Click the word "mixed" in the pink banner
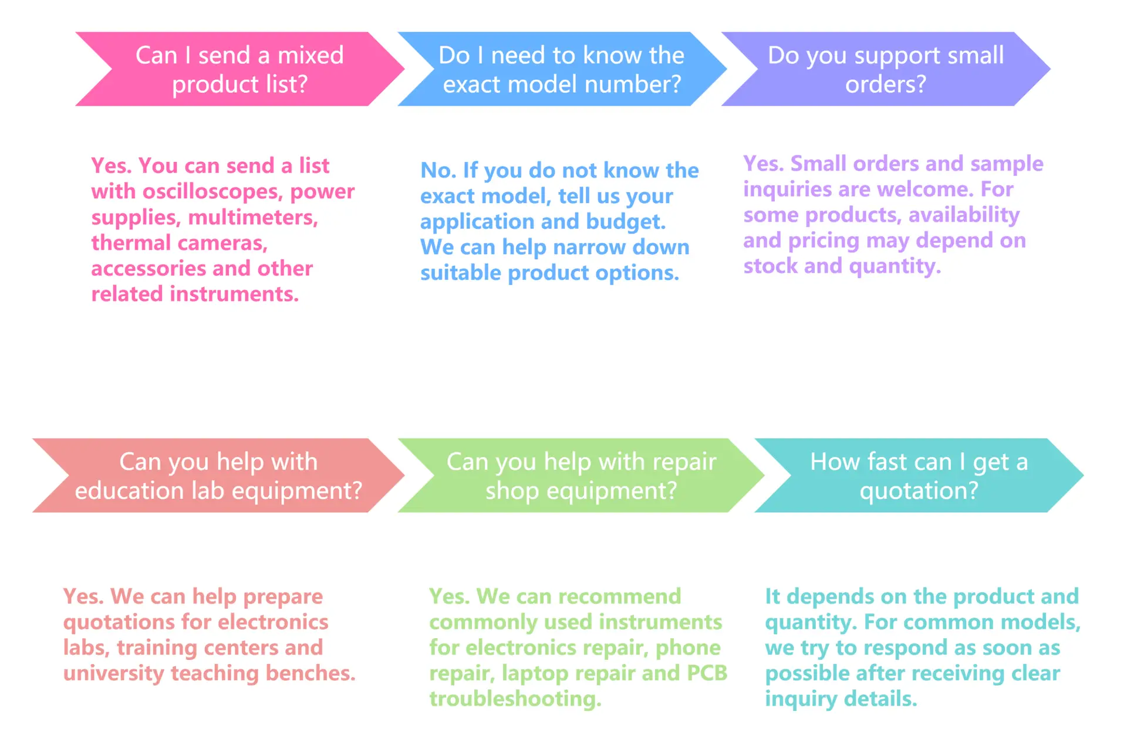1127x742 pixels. click(310, 55)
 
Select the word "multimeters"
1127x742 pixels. click(253, 217)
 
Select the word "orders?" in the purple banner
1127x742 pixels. click(885, 84)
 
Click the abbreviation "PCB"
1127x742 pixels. click(707, 673)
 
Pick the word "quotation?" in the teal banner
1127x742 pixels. click(919, 491)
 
